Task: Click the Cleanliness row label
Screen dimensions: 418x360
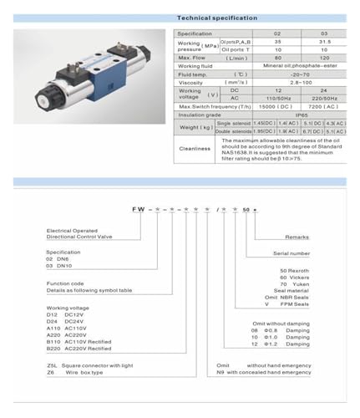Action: click(195, 149)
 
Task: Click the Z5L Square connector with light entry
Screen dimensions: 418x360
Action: click(76, 365)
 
